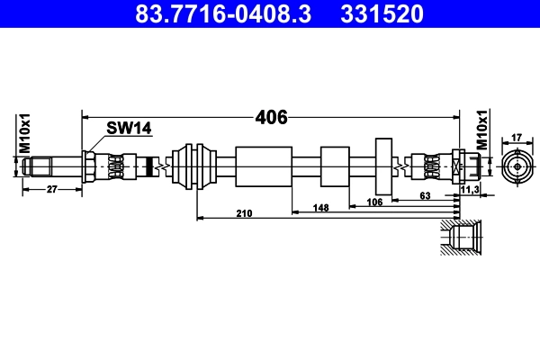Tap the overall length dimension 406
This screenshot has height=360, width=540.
[x=271, y=117]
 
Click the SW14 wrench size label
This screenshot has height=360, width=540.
[x=129, y=129]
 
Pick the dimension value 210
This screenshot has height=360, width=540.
[x=243, y=213]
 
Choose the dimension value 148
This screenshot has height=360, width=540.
[x=321, y=207]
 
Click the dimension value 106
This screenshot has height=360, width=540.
[x=375, y=202]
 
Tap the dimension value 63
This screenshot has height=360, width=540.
[x=426, y=194]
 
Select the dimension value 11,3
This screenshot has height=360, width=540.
[x=468, y=190]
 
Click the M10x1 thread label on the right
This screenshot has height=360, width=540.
[x=481, y=131]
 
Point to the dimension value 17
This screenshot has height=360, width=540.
[x=517, y=138]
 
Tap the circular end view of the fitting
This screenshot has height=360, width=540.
[x=517, y=167]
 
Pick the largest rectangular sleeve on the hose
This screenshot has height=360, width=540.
[x=263, y=167]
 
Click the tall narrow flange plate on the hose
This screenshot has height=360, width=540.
[x=384, y=167]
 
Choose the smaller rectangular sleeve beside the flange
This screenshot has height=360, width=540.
[x=334, y=167]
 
